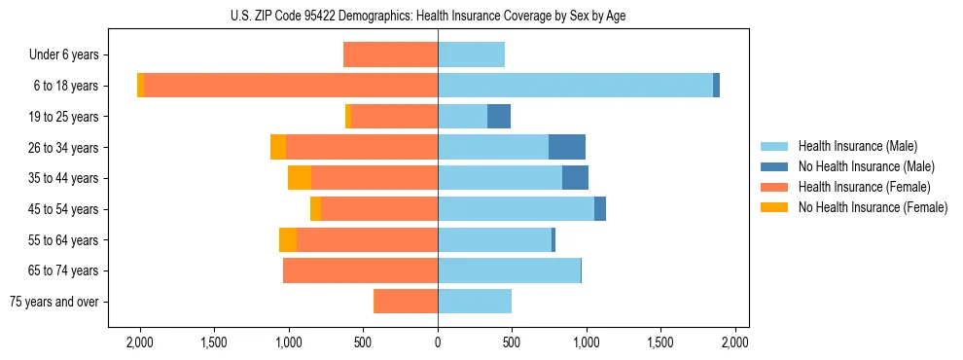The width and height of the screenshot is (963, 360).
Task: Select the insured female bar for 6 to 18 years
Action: pos(291,86)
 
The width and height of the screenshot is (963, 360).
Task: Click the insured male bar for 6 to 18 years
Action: pos(575,86)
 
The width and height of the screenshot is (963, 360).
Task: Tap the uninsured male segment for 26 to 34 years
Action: pos(567,147)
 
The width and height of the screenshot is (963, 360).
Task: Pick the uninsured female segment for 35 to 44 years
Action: pos(300,178)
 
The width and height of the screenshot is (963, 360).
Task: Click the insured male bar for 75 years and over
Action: pos(475,302)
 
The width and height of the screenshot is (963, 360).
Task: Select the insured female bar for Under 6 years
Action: pos(390,54)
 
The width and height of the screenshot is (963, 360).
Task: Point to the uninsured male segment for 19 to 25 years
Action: pos(499,117)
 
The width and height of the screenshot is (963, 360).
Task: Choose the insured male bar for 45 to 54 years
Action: pos(516,209)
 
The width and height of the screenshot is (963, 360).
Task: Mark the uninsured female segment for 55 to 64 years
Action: pos(288,239)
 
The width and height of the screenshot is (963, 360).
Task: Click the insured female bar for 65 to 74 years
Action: pos(360,270)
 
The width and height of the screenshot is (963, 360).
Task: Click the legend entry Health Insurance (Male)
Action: pos(857,146)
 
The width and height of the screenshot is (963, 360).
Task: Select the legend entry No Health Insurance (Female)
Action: pos(872,207)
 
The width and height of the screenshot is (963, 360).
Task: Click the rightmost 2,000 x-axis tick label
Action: pos(735,342)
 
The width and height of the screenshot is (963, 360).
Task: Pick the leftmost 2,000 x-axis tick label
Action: pos(140,342)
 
